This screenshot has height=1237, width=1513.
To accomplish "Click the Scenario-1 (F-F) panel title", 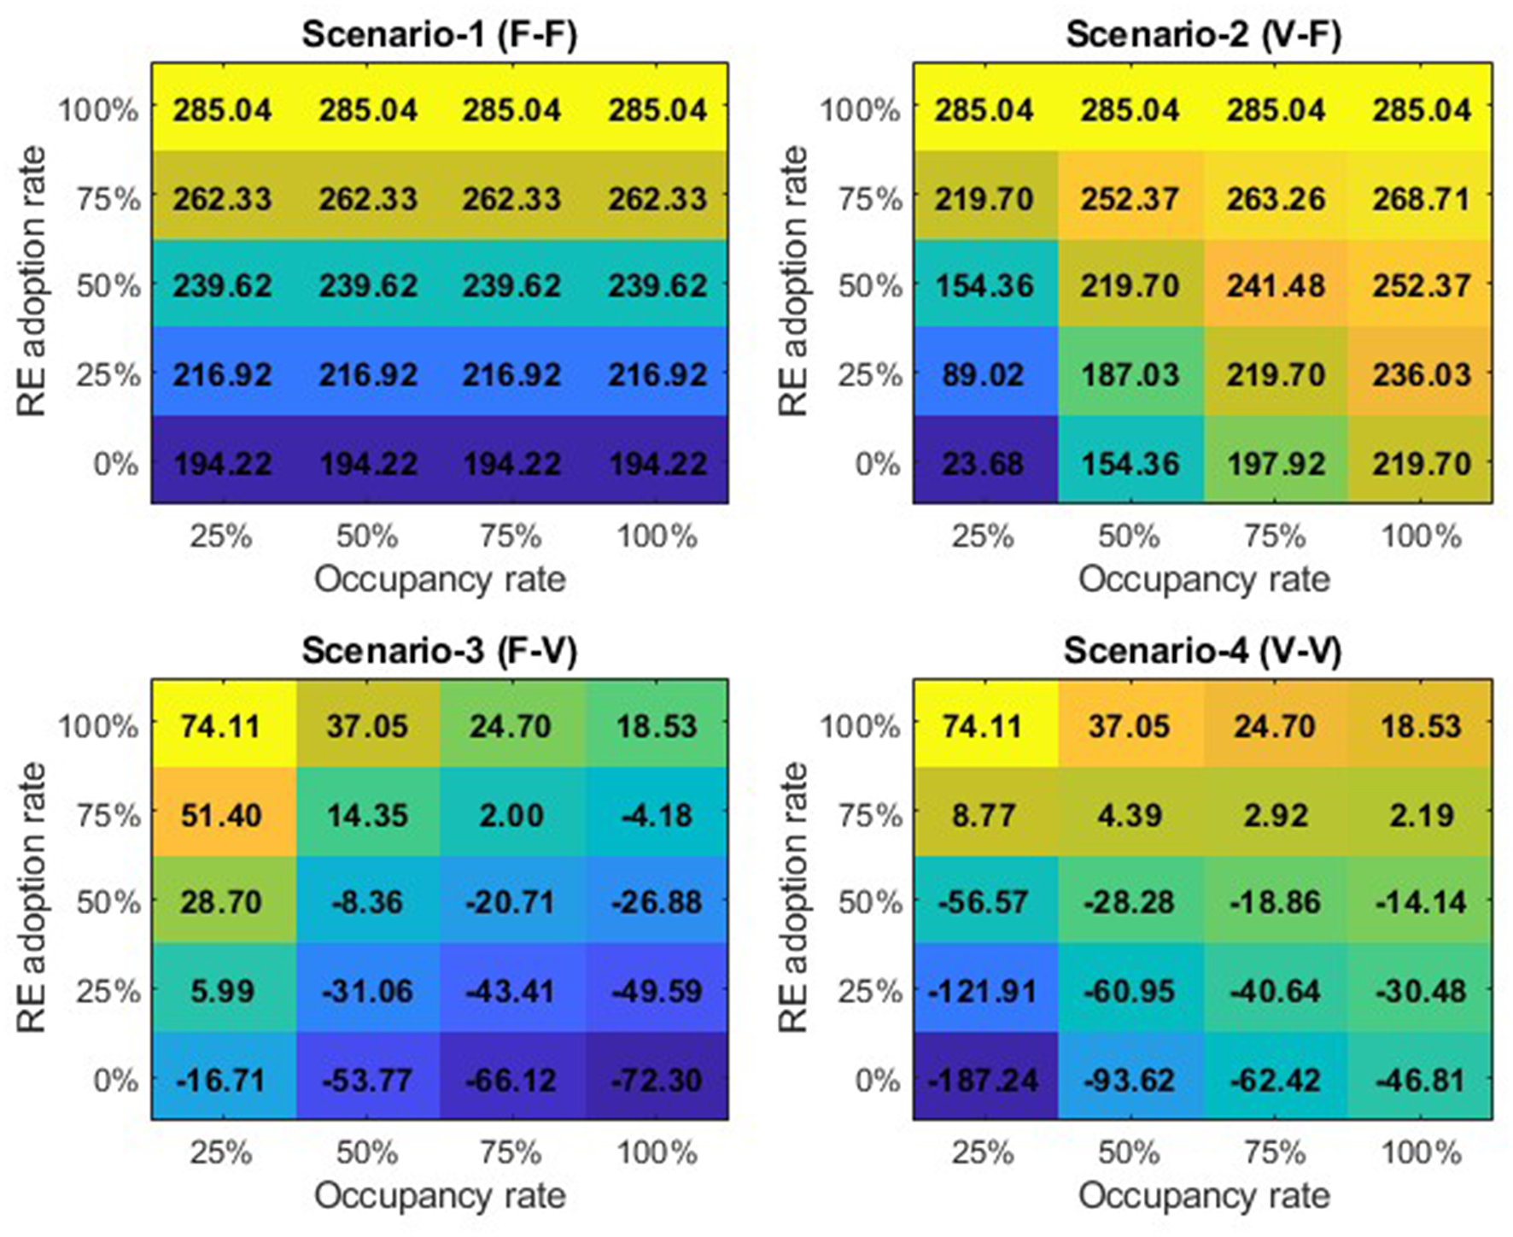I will (440, 35).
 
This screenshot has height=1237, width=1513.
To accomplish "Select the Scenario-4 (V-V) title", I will (1202, 652).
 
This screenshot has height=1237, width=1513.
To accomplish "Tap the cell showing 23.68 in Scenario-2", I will (984, 464).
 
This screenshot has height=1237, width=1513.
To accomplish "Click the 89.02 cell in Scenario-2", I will (984, 375).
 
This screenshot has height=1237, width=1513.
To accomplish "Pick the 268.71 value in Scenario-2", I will (1422, 199).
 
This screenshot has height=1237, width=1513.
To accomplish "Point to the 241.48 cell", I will (1276, 285).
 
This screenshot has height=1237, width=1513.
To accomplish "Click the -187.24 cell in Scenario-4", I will (984, 1080).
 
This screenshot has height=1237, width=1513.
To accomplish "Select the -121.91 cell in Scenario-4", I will (984, 991).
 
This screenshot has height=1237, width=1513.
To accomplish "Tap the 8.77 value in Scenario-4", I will (984, 815).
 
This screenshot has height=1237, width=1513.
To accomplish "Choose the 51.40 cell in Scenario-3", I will (222, 815).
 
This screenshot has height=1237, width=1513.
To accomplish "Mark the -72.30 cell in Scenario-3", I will (657, 1080).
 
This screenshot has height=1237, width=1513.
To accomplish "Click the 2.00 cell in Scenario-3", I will (511, 815).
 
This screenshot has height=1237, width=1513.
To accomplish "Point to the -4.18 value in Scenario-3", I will (657, 815).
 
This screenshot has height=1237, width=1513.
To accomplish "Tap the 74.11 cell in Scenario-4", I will (984, 726).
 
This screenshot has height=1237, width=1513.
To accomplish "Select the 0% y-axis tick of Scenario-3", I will (115, 1080).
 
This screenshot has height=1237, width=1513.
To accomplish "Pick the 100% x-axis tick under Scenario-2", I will (1422, 536).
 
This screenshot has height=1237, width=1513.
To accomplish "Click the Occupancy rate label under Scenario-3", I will (440, 1196).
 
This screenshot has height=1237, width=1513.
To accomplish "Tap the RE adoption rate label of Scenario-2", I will (793, 282).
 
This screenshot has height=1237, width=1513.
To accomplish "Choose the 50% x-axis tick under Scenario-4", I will (1129, 1153).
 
